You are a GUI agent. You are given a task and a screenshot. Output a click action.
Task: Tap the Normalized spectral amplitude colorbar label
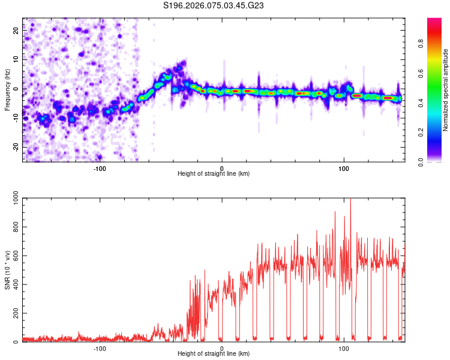pos(445,90)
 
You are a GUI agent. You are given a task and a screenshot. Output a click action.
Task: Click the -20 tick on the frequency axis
pos(16,147)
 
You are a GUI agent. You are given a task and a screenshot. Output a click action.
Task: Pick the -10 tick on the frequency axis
pos(16,118)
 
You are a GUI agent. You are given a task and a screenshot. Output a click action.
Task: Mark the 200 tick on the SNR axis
pos(14,314)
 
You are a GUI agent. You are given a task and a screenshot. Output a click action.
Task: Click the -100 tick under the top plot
pos(100,168)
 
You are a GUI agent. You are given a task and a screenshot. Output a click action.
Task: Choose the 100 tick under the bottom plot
pos(344,348)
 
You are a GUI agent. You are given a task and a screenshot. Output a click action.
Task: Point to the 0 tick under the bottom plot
pos(222,348)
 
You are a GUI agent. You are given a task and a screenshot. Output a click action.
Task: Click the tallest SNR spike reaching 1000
pos(350,201)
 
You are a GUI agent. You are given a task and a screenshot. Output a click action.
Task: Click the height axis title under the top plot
pos(214,173)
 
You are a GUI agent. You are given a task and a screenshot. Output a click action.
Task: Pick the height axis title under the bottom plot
pos(214,354)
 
